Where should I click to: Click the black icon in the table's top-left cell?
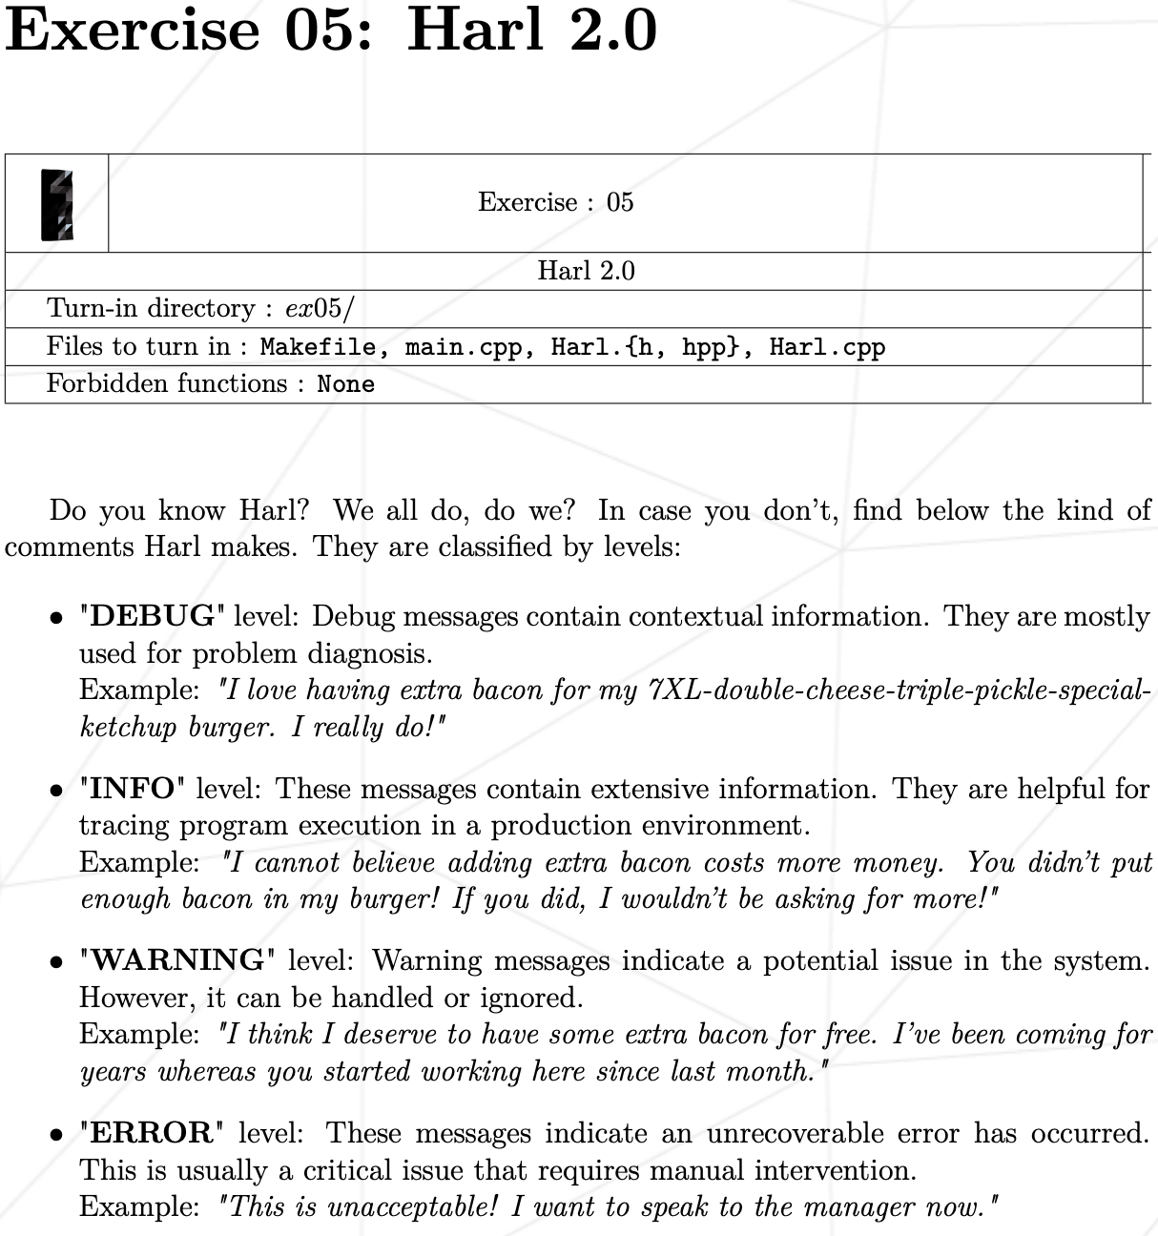pos(57,204)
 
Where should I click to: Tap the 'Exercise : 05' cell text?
pos(555,202)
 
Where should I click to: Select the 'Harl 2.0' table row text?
pos(586,271)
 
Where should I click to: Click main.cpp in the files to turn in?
pos(464,347)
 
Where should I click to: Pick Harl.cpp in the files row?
pos(827,347)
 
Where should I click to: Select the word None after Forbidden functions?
pos(345,384)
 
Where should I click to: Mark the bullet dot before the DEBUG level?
pos(57,618)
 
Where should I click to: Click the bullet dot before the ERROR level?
pos(57,1135)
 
